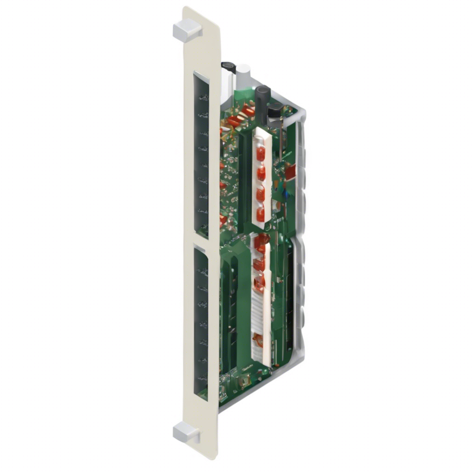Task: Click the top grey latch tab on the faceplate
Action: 187,31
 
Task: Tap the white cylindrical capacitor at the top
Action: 243,77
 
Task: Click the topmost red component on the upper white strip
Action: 261,153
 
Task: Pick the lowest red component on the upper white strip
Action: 261,214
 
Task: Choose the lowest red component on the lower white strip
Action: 258,341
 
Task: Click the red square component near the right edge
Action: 290,172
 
